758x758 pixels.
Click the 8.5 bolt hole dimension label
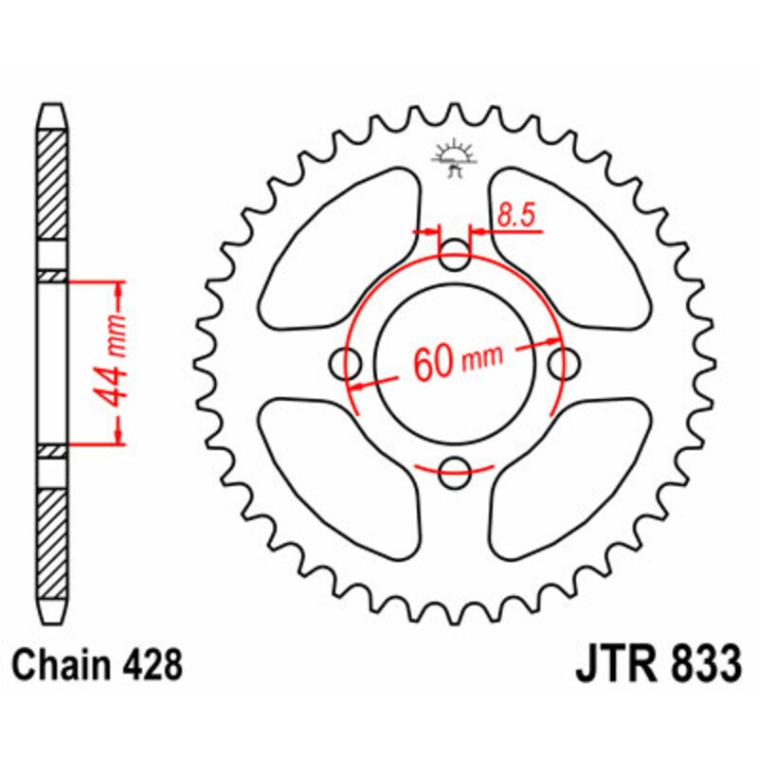tap(516, 217)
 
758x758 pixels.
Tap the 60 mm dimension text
tap(457, 360)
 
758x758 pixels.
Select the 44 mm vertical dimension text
tap(117, 361)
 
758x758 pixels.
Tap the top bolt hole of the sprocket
tap(456, 251)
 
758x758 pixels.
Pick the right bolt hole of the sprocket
tap(566, 361)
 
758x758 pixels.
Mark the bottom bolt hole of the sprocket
tap(456, 468)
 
